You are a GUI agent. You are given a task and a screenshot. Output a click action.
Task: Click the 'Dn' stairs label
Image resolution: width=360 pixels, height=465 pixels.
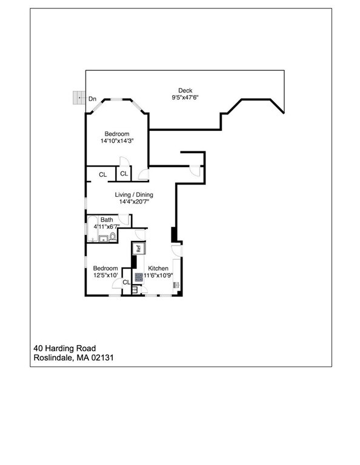[x=93, y=98]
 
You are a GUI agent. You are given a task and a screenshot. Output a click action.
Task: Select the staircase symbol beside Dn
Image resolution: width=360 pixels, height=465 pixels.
[x=78, y=97]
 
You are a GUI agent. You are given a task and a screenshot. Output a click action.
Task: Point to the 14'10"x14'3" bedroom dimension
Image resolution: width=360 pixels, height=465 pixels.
[x=117, y=141]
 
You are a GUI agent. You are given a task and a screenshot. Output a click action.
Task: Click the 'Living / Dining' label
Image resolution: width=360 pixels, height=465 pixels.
[x=135, y=195]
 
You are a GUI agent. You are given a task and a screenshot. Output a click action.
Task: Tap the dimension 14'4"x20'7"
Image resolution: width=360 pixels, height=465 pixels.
[x=135, y=202]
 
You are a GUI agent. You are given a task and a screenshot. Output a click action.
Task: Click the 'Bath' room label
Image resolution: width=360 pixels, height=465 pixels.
[x=107, y=220]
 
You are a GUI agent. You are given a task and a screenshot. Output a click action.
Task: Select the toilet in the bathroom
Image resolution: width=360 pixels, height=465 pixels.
[x=113, y=236]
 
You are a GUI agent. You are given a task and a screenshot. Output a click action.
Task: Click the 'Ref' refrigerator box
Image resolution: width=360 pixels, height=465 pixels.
[x=138, y=248]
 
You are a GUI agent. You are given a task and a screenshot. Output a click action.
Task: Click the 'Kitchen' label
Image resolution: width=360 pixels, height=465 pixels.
[x=158, y=268]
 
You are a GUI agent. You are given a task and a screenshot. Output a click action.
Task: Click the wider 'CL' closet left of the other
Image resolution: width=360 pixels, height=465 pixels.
[x=103, y=174]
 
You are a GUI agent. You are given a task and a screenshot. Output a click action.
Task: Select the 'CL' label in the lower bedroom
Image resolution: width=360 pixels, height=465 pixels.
[x=126, y=283]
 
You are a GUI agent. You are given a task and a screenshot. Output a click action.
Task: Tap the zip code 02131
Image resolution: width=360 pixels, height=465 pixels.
[x=102, y=358]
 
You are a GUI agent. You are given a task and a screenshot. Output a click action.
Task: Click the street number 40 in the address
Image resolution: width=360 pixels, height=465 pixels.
[x=38, y=348]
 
